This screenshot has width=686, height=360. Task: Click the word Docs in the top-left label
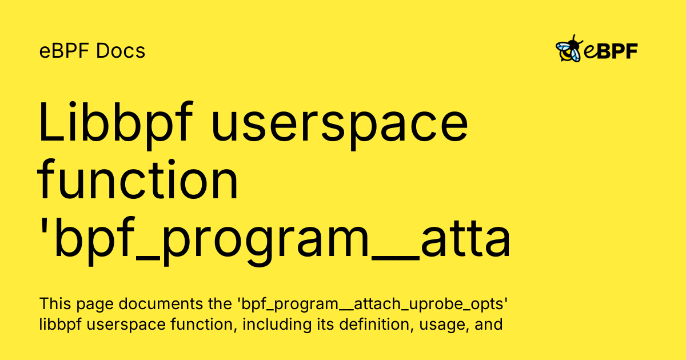121,51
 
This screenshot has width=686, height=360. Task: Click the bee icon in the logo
569,50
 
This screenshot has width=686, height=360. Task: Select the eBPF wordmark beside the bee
611,51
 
